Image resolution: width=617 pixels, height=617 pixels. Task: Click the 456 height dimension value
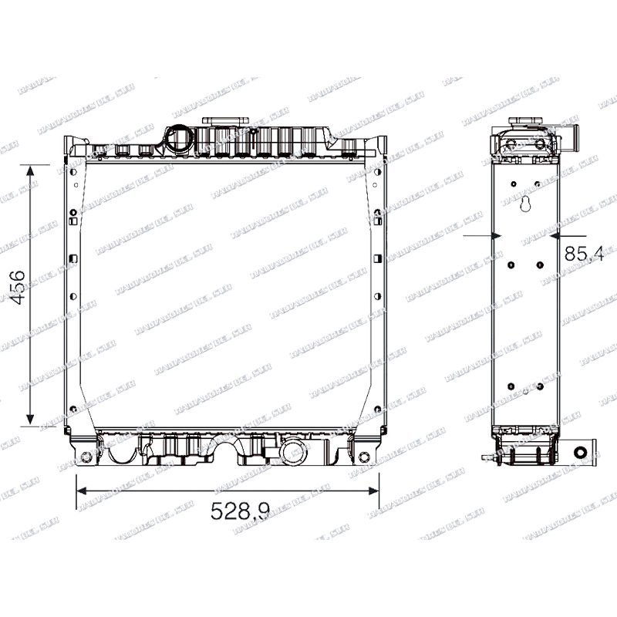pyautogui.click(x=18, y=288)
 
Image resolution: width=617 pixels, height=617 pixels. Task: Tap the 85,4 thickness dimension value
pyautogui.click(x=584, y=255)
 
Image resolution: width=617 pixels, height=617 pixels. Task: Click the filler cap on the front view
pyautogui.click(x=225, y=121)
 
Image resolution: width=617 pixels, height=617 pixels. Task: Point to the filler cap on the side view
pyautogui.click(x=524, y=121)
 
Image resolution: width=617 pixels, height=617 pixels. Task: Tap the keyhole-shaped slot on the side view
pyautogui.click(x=525, y=204)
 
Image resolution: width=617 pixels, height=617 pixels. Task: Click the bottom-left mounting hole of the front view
pyautogui.click(x=86, y=457)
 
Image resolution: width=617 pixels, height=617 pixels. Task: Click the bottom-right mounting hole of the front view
pyautogui.click(x=364, y=457)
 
